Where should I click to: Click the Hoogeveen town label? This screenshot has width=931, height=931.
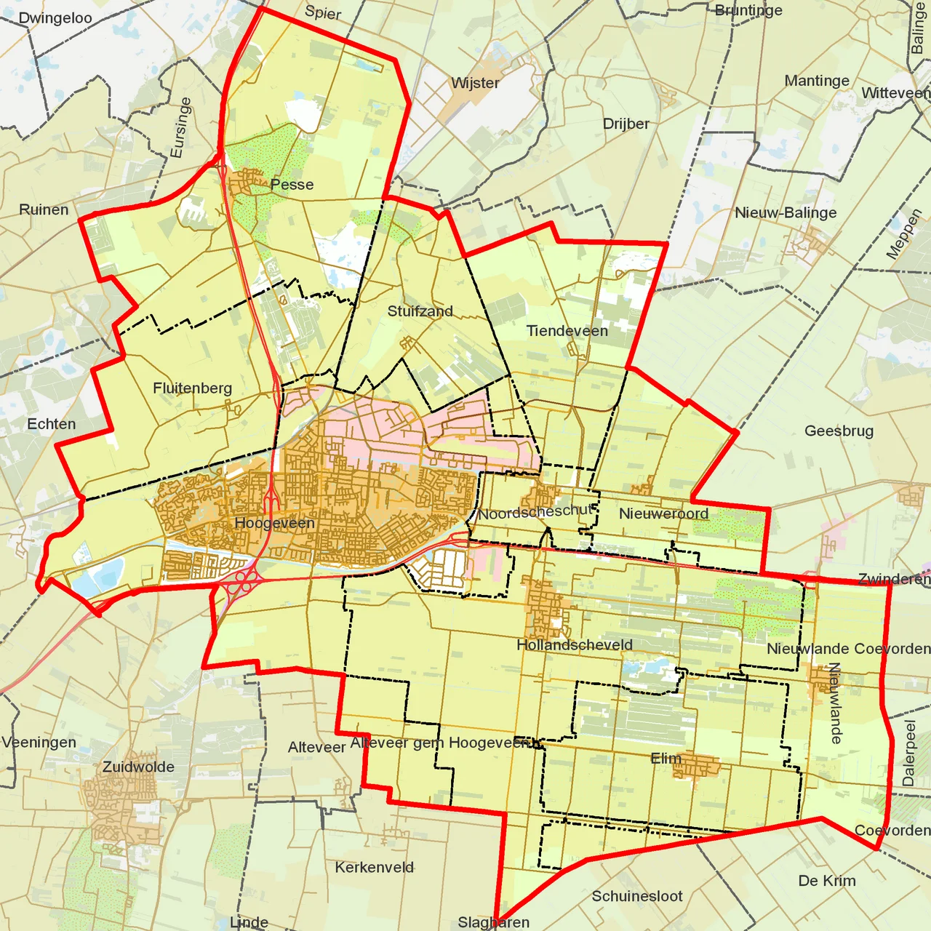[274, 523]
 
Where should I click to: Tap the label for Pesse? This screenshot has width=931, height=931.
[292, 185]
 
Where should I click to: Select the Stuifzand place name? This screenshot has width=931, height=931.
[420, 311]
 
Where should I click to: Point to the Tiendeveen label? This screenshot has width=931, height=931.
[567, 331]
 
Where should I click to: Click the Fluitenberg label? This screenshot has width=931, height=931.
[192, 388]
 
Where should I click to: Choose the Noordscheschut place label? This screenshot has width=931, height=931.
[536, 512]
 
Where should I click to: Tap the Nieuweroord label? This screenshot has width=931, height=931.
[663, 514]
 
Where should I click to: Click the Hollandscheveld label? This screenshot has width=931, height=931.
[574, 645]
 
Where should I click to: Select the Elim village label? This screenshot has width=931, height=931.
[666, 759]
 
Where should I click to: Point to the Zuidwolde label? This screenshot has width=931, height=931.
[138, 767]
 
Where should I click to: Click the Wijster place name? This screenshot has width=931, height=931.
[475, 83]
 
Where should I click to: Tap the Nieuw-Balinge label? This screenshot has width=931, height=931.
[786, 213]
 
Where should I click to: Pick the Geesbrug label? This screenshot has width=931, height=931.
[839, 431]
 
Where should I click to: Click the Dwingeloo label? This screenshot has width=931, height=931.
[55, 18]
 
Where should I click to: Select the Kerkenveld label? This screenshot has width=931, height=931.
[374, 868]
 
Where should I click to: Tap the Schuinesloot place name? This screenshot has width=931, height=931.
[636, 896]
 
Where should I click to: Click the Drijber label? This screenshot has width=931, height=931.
[626, 124]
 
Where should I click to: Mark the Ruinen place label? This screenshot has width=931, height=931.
[44, 210]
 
